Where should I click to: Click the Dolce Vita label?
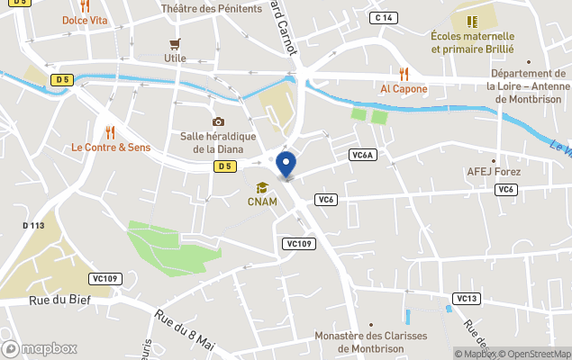86,20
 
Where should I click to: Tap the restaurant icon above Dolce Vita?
85,5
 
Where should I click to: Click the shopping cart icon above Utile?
175,43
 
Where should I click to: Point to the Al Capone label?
404,88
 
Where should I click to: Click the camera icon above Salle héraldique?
218,121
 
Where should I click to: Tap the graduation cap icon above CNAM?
262,187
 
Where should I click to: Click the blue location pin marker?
286,165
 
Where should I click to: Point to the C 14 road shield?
385,18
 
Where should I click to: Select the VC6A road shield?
362,155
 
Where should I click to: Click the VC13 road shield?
466,299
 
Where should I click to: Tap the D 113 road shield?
33,226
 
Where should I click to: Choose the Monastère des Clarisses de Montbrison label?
370,343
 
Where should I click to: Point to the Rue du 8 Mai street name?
185,331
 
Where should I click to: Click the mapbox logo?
40,348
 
